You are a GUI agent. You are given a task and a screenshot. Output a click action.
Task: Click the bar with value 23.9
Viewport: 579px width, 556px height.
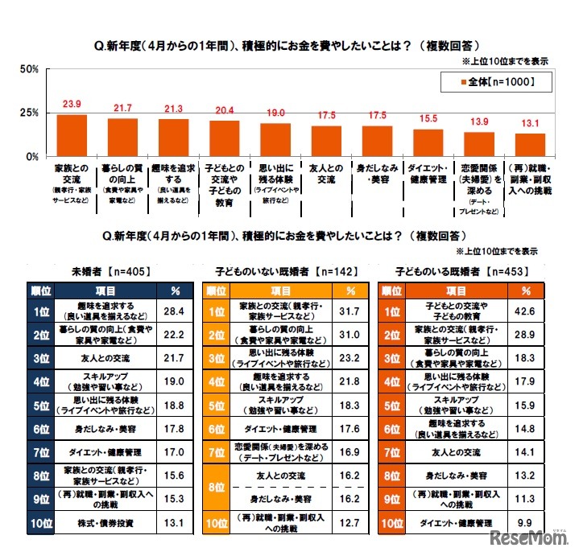[72, 134]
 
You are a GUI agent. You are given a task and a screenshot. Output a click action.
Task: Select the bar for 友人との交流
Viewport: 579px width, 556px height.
[325, 140]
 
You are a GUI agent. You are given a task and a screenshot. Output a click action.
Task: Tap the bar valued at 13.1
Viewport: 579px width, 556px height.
[530, 144]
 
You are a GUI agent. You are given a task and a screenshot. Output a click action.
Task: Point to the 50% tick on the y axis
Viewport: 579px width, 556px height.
[30, 69]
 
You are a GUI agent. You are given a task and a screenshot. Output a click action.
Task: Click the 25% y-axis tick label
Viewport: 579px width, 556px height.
[30, 113]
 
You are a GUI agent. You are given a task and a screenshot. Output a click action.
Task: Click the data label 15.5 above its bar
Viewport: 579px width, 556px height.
[428, 119]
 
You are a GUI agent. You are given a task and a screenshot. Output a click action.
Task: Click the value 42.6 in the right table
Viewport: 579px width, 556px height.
[526, 311]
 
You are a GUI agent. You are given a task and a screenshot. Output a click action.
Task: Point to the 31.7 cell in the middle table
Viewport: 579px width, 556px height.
[350, 311]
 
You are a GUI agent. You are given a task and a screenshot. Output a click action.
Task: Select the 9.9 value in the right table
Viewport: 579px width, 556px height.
[526, 522]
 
